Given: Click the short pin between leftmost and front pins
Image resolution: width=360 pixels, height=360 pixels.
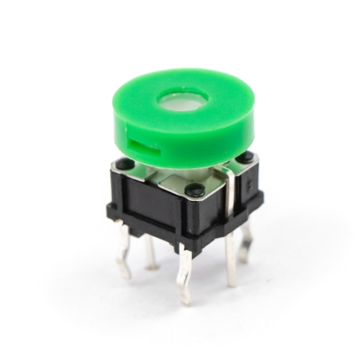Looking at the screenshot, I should click(150, 252).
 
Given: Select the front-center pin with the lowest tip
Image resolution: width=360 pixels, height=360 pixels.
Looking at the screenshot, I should click(186, 275).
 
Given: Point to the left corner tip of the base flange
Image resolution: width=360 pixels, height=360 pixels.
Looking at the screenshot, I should click(108, 211).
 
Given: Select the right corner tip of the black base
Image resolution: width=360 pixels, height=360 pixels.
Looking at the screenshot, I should click(262, 196).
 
